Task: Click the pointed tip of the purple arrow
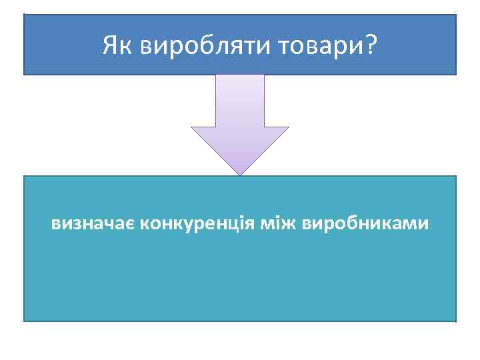coord(240,175)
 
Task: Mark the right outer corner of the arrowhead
coord(289,127)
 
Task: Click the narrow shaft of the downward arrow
coord(240,100)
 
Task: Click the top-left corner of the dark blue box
coord(24,15)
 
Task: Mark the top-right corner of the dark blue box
coord(456,15)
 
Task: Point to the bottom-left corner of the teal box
coord(24,321)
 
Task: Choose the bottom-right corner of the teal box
coord(456,321)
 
